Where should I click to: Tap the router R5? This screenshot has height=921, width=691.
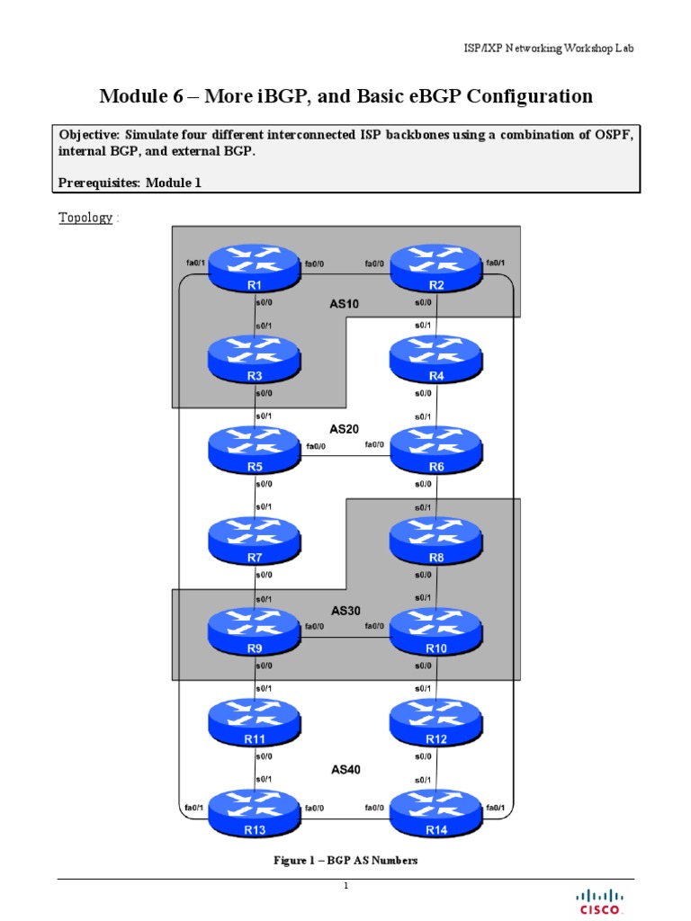point(255,450)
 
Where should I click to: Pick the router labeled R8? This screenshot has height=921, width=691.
point(436,541)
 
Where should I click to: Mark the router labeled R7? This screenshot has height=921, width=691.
point(255,541)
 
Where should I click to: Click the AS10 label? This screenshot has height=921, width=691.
point(344,304)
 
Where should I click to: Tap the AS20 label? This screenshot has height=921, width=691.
point(344,430)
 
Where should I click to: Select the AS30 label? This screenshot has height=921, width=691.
point(344,611)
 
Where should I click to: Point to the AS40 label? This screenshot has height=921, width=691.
point(344,770)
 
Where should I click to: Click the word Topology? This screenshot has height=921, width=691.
point(86,218)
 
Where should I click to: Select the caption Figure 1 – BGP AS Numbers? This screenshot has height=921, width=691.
point(345,861)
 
